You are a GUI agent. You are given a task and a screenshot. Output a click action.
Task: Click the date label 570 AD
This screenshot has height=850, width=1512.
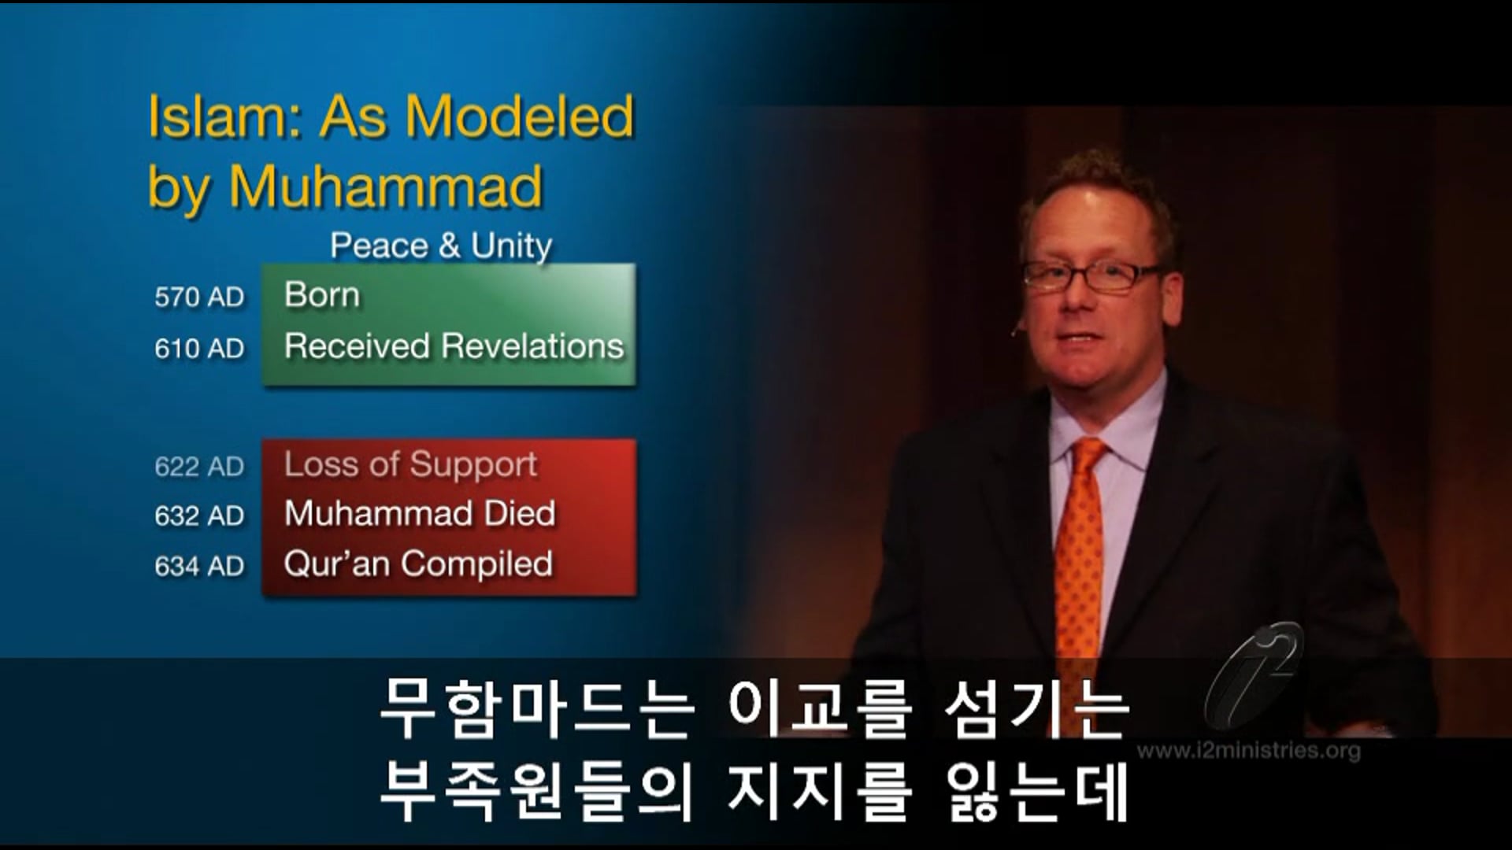[x=199, y=297]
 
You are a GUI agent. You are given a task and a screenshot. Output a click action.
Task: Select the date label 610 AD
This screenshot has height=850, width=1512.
[x=199, y=349]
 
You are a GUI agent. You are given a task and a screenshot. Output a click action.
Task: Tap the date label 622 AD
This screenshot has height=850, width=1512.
[x=199, y=467]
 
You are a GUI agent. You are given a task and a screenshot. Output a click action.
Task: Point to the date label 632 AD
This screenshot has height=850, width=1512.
[x=199, y=516]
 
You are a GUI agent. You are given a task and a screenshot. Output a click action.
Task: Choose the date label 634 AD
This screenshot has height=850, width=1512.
[x=199, y=567]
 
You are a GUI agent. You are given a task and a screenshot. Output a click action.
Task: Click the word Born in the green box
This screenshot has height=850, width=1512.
[x=322, y=295]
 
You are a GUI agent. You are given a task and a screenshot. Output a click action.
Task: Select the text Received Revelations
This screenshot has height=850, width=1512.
[x=454, y=346]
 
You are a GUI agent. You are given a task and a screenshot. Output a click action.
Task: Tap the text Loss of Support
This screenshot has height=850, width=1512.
[x=410, y=464]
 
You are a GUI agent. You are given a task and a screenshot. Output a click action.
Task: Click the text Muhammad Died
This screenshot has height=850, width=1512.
[x=420, y=514]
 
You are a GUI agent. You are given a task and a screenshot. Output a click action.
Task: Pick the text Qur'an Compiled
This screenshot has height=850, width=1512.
[x=418, y=564]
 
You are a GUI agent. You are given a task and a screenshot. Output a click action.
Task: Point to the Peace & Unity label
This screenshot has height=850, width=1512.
[x=441, y=246]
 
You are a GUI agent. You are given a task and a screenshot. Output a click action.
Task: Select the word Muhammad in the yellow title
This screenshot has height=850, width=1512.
[x=386, y=187]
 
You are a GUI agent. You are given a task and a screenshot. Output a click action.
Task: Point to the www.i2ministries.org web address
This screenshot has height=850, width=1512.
[x=1249, y=750]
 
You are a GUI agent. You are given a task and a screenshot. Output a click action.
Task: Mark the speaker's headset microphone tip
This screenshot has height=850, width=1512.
[x=1014, y=334]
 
